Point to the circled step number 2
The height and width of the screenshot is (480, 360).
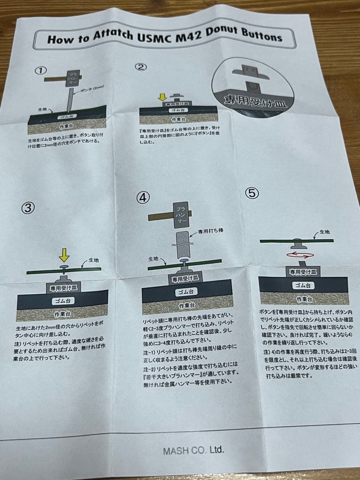[x=140, y=67]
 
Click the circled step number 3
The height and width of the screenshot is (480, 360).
[x=28, y=208]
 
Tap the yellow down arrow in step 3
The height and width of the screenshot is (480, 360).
[x=64, y=255]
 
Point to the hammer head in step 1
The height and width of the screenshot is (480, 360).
[x=71, y=79]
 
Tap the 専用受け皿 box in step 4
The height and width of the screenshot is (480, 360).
[x=187, y=279]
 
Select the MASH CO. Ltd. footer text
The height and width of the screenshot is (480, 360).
[x=193, y=450]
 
